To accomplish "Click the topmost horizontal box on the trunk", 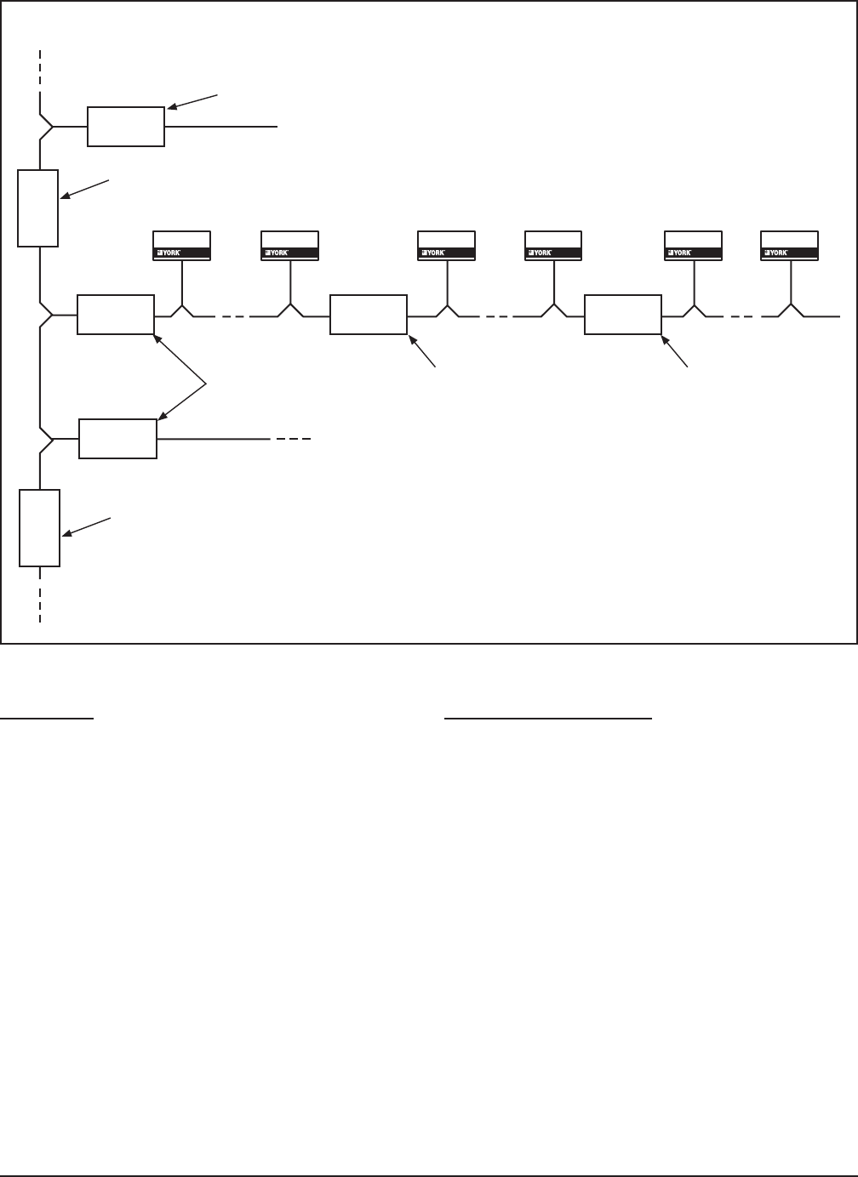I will [126, 127].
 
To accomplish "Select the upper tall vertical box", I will [38, 208].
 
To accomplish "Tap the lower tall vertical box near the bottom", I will [40, 528].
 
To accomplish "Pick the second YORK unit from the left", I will [289, 245].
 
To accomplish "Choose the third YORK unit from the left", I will [446, 245].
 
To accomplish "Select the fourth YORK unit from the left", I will [553, 245].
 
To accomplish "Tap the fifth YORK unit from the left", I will [693, 245].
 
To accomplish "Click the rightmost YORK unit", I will [789, 245].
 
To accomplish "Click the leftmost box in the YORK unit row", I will [116, 315].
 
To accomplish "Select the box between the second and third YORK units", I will [369, 315].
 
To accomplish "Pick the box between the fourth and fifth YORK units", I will [623, 315].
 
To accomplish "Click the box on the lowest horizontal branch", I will [117, 439].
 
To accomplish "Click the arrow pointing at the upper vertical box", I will [85, 190].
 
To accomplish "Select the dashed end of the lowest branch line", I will [294, 440].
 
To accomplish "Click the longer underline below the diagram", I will [548, 719].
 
